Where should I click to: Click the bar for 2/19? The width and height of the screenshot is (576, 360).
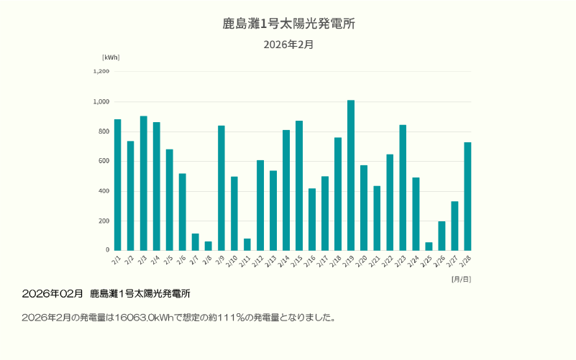(351, 175)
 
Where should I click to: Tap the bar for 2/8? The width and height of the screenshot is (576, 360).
(209, 246)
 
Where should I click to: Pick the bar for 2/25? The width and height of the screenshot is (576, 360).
(429, 246)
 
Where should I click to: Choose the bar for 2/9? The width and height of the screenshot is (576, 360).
(221, 188)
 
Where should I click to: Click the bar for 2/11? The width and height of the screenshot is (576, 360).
(247, 244)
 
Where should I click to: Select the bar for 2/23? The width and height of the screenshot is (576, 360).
(403, 188)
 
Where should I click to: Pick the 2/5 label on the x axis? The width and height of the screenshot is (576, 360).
(168, 258)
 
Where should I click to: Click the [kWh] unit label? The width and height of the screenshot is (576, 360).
(111, 57)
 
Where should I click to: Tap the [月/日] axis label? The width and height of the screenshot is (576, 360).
(461, 278)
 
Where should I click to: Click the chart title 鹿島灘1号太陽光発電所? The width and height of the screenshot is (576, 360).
(288, 24)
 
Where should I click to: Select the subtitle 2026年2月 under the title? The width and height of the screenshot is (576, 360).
(288, 45)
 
